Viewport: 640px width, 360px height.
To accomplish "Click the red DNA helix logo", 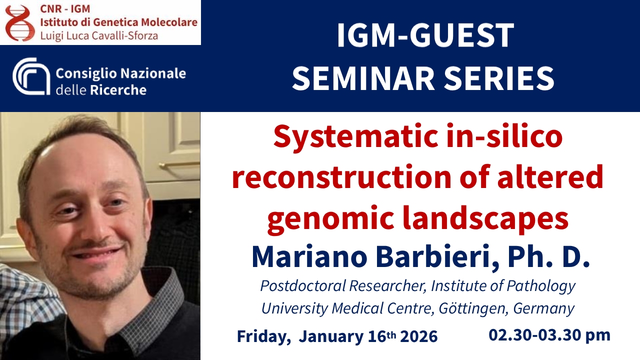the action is [20, 23].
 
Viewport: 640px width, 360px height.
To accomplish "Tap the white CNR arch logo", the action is [31, 76].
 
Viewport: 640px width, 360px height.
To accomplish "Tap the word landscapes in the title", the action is [485, 218].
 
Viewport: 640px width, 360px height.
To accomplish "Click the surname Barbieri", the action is [437, 257].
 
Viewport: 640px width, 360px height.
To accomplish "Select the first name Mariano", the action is [309, 257].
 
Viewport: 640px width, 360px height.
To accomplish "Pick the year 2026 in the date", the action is [419, 336].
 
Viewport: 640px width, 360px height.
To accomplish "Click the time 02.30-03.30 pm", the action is [549, 335].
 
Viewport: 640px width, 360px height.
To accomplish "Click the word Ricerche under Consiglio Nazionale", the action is [118, 90].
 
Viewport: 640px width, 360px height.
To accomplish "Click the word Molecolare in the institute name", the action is [169, 22].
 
